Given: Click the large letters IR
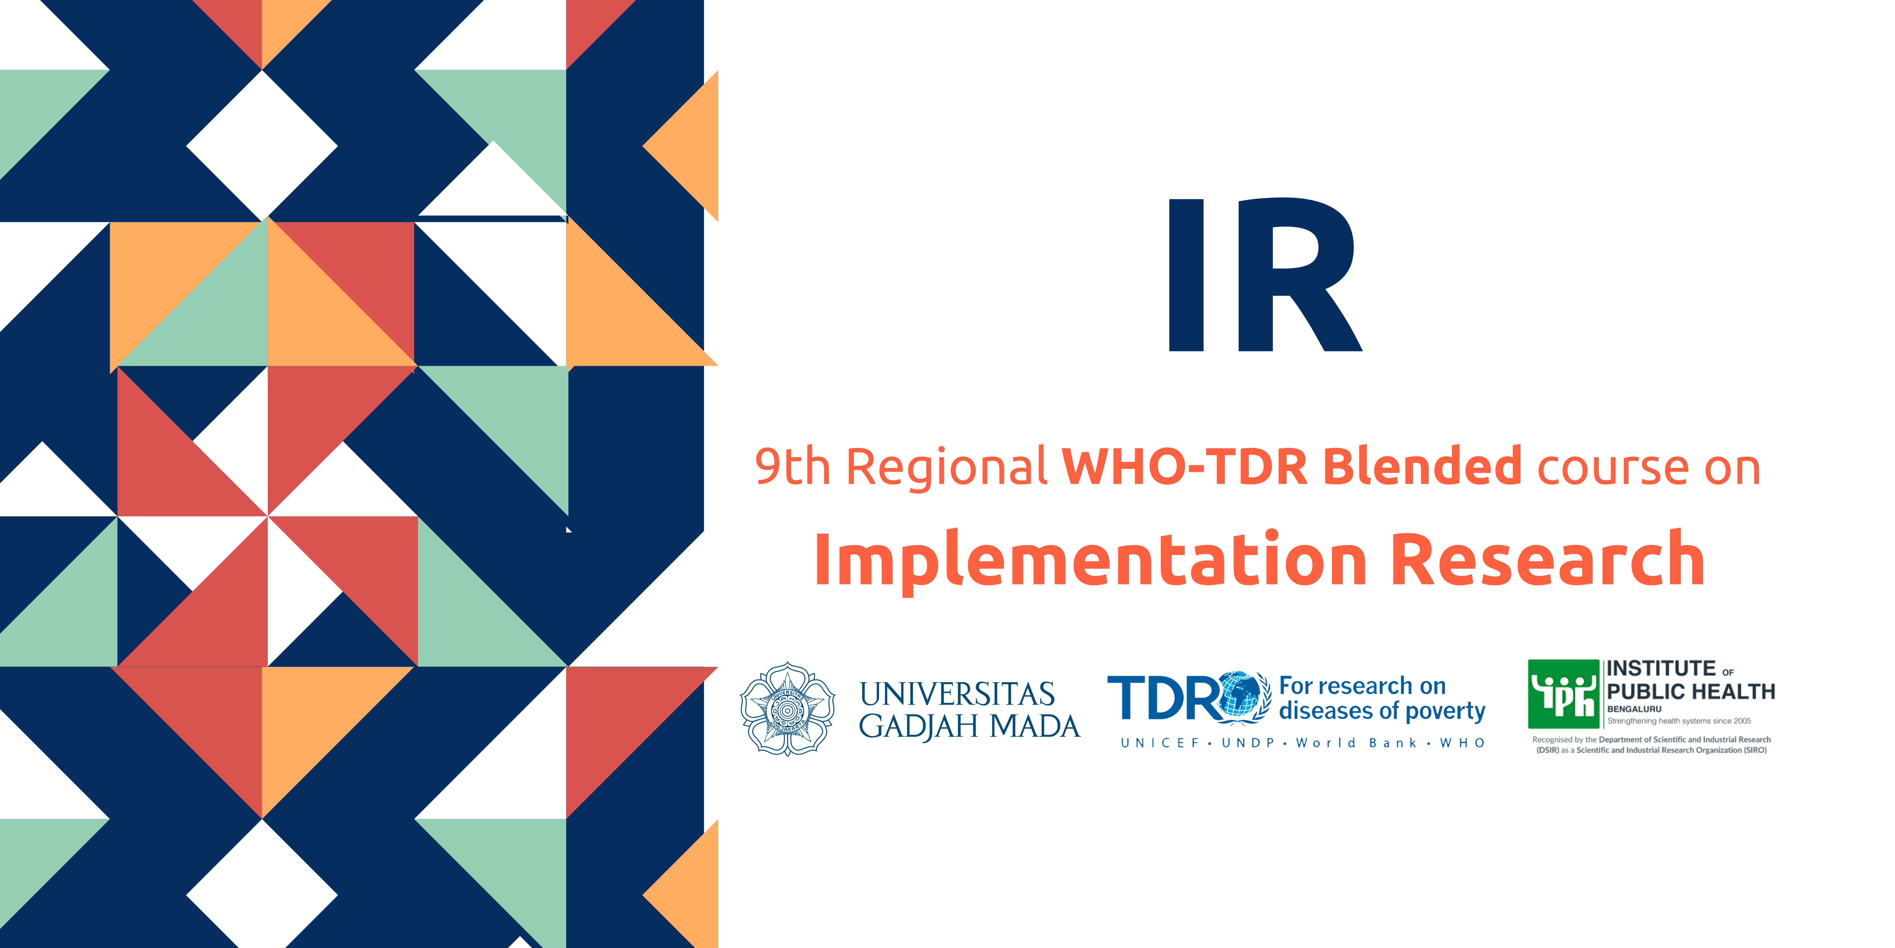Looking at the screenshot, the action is [1264, 275].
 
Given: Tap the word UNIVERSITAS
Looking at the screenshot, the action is [957, 694].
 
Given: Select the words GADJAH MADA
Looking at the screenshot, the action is [969, 726].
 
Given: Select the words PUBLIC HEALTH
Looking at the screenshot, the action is [1690, 692].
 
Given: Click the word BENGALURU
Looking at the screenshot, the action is [1634, 709].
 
